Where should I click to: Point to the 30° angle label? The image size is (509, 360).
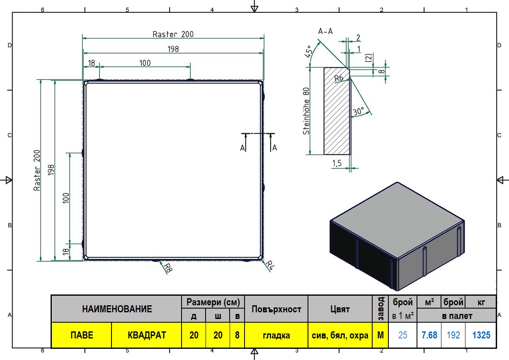coord(359,111)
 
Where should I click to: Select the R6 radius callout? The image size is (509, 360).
coord(339,78)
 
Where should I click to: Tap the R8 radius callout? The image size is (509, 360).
coord(168,268)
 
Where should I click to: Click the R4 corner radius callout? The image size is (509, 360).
coord(269,265)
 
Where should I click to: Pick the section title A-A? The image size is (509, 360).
coord(325,31)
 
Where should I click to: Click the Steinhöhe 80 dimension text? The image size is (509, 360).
coord(306,111)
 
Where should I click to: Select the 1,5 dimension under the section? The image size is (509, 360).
coord(337,163)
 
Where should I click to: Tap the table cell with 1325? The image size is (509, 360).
coord(481,335)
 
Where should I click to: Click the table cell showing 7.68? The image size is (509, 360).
coord(429,335)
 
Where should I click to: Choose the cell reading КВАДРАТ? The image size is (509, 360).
coord(147,335)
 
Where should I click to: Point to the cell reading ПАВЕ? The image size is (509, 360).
coord(82,335)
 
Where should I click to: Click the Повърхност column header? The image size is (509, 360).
coord(276,309)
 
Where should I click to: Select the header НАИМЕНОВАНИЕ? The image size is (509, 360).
coord(117,309)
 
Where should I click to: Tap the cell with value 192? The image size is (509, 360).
coord(453,335)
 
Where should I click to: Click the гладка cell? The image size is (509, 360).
coord(276,335)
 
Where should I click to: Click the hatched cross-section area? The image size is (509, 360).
coord(337,112)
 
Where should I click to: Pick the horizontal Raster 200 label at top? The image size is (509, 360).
coord(173,34)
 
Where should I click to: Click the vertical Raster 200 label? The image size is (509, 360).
coord(37,170)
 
